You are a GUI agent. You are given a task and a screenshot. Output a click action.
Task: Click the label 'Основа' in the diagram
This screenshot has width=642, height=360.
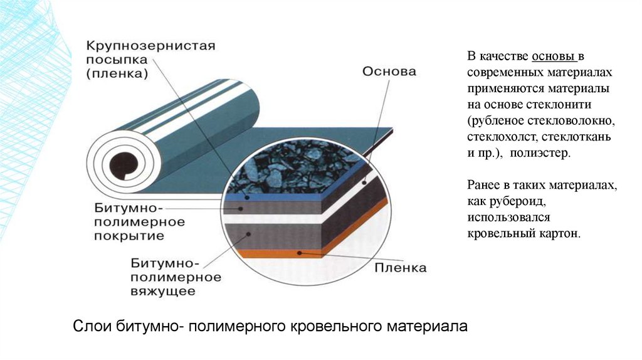click(389, 71)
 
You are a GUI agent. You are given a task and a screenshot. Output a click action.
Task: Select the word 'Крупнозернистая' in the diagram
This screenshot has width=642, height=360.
click(150, 46)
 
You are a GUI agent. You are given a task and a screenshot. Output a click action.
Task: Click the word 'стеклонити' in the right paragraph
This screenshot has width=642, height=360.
click(563, 105)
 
